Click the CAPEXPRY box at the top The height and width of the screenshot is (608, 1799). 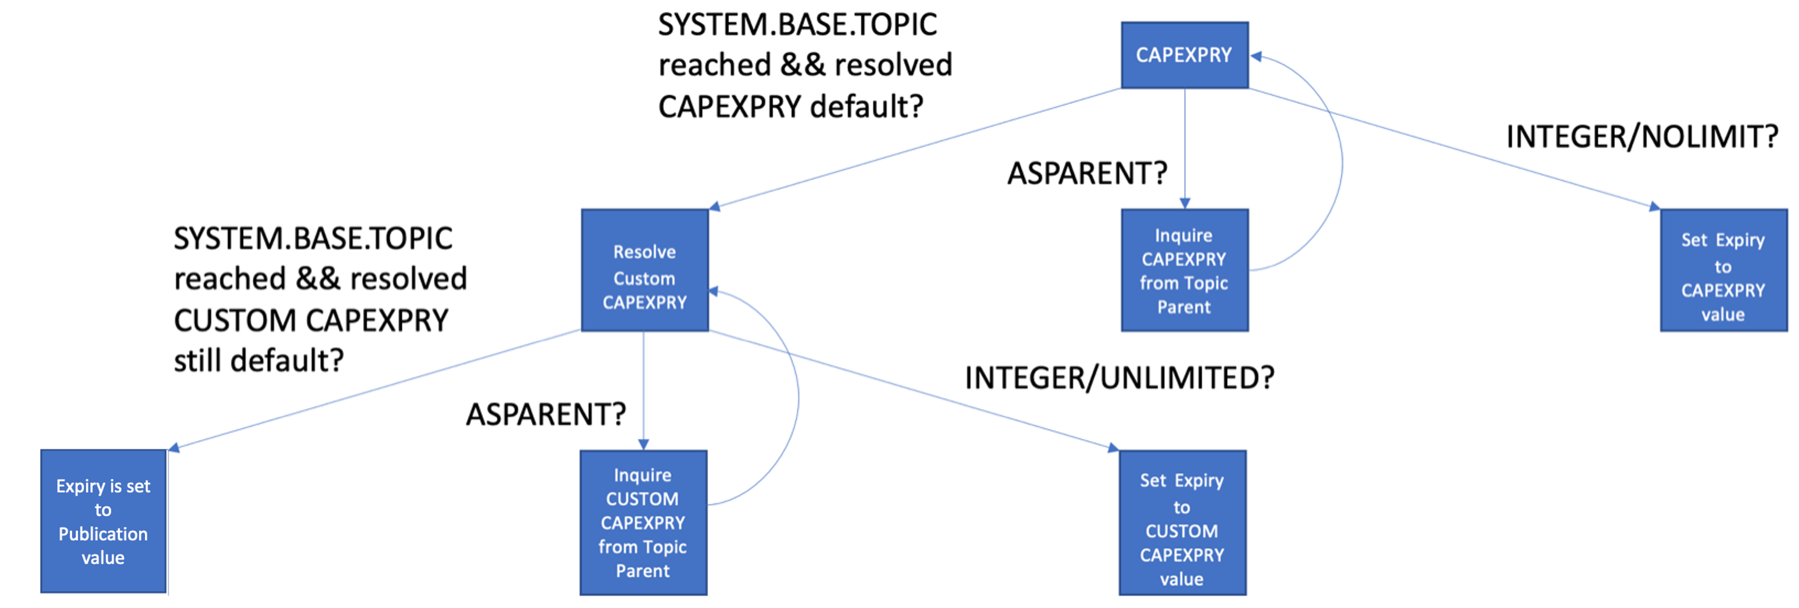[x=1184, y=55]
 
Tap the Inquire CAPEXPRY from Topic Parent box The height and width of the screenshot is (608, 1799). [x=1184, y=270]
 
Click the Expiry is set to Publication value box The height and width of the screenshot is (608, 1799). [x=103, y=521]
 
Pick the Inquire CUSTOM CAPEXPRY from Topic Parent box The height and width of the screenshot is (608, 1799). [x=643, y=522]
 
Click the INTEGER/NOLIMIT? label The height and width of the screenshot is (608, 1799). [x=1641, y=137]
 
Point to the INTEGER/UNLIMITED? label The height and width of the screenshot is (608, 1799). [x=1119, y=378]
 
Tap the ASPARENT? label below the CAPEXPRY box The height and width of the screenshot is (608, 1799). [x=1087, y=173]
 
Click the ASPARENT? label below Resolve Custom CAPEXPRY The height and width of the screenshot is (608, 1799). [x=545, y=415]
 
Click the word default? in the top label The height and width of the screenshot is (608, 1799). [x=866, y=107]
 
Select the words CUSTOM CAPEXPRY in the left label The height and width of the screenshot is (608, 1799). [x=311, y=321]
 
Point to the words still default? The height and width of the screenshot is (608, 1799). [x=259, y=361]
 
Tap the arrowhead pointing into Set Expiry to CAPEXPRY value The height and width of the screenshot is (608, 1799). [x=1654, y=207]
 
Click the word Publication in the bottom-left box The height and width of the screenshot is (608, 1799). [x=103, y=534]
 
